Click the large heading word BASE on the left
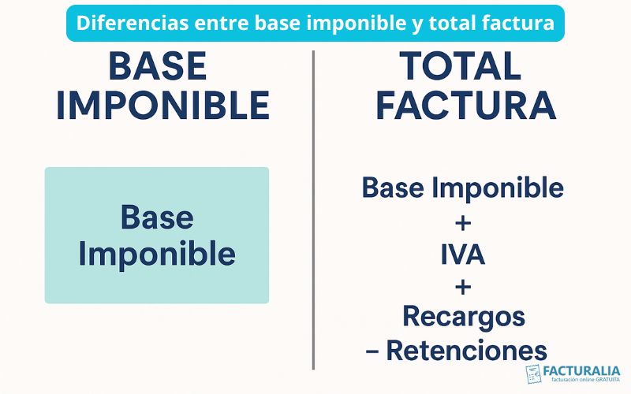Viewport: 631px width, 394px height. click(x=158, y=68)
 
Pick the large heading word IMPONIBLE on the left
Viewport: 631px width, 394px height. click(x=162, y=106)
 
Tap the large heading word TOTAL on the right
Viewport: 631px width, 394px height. click(x=461, y=68)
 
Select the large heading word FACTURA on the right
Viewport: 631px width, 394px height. click(x=465, y=106)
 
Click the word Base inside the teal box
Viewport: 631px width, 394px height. click(x=157, y=217)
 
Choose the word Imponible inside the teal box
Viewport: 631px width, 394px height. click(x=157, y=254)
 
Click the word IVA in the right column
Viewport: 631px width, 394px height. click(x=463, y=255)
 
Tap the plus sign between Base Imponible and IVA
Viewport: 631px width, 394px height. click(x=463, y=223)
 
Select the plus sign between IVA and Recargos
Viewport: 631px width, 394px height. click(x=463, y=285)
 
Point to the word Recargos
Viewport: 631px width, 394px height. click(x=463, y=316)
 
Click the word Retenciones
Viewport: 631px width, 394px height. click(x=466, y=350)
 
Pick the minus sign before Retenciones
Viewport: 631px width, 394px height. click(x=372, y=351)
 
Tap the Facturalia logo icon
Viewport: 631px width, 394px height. click(x=534, y=374)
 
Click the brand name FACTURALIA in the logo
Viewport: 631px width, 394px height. click(x=582, y=370)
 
